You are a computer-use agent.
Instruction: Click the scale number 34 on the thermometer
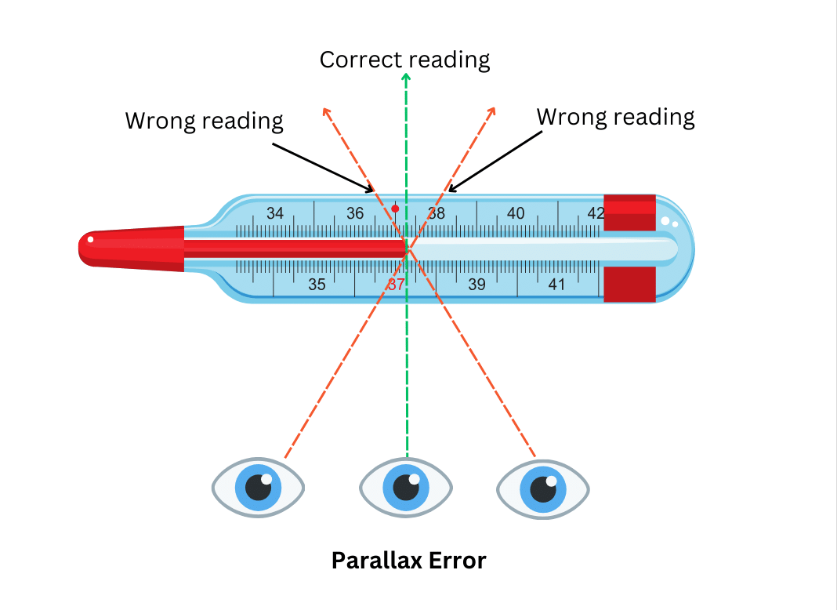tap(275, 213)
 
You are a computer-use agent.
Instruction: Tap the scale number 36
tap(355, 213)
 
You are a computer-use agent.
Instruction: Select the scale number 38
tap(436, 213)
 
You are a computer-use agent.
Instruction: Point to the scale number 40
tap(516, 213)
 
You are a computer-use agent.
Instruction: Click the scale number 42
tap(596, 213)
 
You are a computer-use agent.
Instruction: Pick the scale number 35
tap(317, 285)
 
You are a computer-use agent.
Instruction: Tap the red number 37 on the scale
tap(396, 285)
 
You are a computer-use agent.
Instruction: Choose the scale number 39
tap(476, 285)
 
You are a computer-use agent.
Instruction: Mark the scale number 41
tap(556, 285)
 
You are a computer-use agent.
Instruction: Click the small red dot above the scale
tap(396, 209)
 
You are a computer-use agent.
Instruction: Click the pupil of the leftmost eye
tap(258, 488)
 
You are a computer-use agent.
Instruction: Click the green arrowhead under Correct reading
tap(406, 77)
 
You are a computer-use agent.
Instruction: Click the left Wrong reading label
tap(204, 121)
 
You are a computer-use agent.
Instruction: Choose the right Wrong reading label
tap(615, 117)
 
